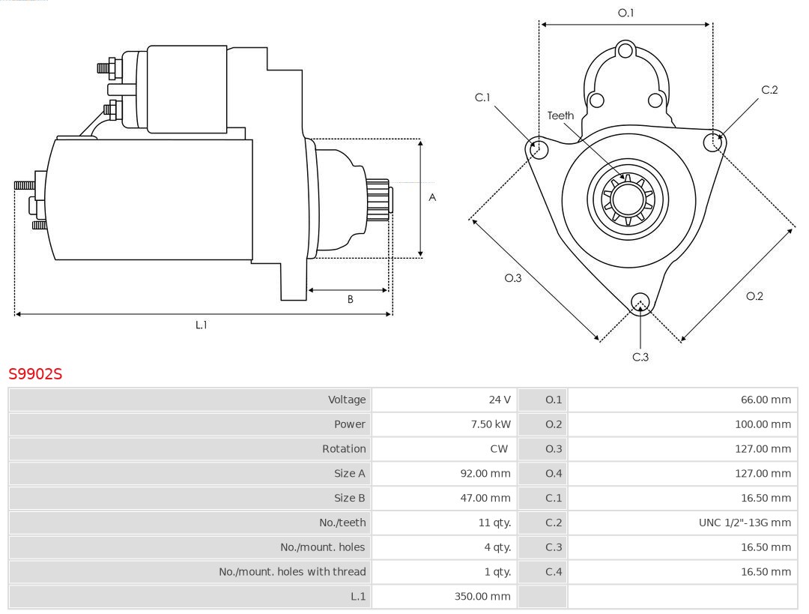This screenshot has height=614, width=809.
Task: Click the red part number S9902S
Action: pos(35,373)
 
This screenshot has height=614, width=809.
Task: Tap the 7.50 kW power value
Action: pos(491,424)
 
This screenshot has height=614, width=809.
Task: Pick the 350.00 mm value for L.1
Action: pos(482,596)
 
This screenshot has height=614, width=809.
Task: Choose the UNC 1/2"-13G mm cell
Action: pos(745,523)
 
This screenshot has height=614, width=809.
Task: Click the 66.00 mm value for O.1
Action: pos(766,400)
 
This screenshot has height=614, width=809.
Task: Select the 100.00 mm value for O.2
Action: pos(763,424)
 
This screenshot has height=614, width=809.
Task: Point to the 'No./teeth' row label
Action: pos(342,523)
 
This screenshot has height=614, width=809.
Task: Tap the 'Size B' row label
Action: pos(350,498)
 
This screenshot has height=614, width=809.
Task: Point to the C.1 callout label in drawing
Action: pos(482,97)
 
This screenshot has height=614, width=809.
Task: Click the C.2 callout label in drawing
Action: pos(769,90)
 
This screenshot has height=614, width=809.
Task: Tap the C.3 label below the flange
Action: pos(640,357)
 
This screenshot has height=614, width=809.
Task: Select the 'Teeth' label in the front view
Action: pos(560,115)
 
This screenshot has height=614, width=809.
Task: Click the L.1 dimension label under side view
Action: pos(202,325)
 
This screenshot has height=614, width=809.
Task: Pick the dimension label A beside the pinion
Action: pos(432,198)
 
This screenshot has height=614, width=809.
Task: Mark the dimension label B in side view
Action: pos(350,300)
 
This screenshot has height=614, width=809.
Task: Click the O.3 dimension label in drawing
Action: pos(512,278)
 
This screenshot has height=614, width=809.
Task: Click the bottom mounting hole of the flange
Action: pos(640,302)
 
